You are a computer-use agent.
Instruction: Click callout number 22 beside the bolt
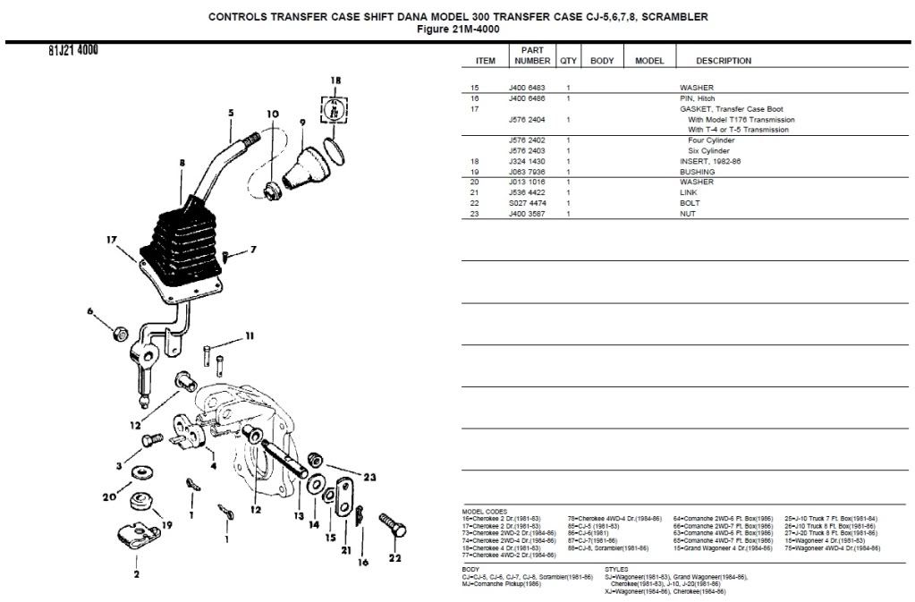(395, 558)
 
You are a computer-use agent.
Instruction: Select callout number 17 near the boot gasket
(112, 239)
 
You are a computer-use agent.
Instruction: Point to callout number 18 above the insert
(335, 81)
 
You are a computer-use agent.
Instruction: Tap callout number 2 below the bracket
(137, 574)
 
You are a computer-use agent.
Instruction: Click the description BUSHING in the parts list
(697, 172)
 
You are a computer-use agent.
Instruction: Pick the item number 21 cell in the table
(476, 193)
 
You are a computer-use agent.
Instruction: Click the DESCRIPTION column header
(724, 61)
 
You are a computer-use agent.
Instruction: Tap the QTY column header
(568, 61)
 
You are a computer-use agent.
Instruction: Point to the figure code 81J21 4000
(73, 50)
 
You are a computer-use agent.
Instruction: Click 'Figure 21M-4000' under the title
(458, 28)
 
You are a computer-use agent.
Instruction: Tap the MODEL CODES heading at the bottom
(484, 511)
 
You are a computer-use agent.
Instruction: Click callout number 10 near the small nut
(272, 114)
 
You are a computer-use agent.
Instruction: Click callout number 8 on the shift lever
(182, 164)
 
